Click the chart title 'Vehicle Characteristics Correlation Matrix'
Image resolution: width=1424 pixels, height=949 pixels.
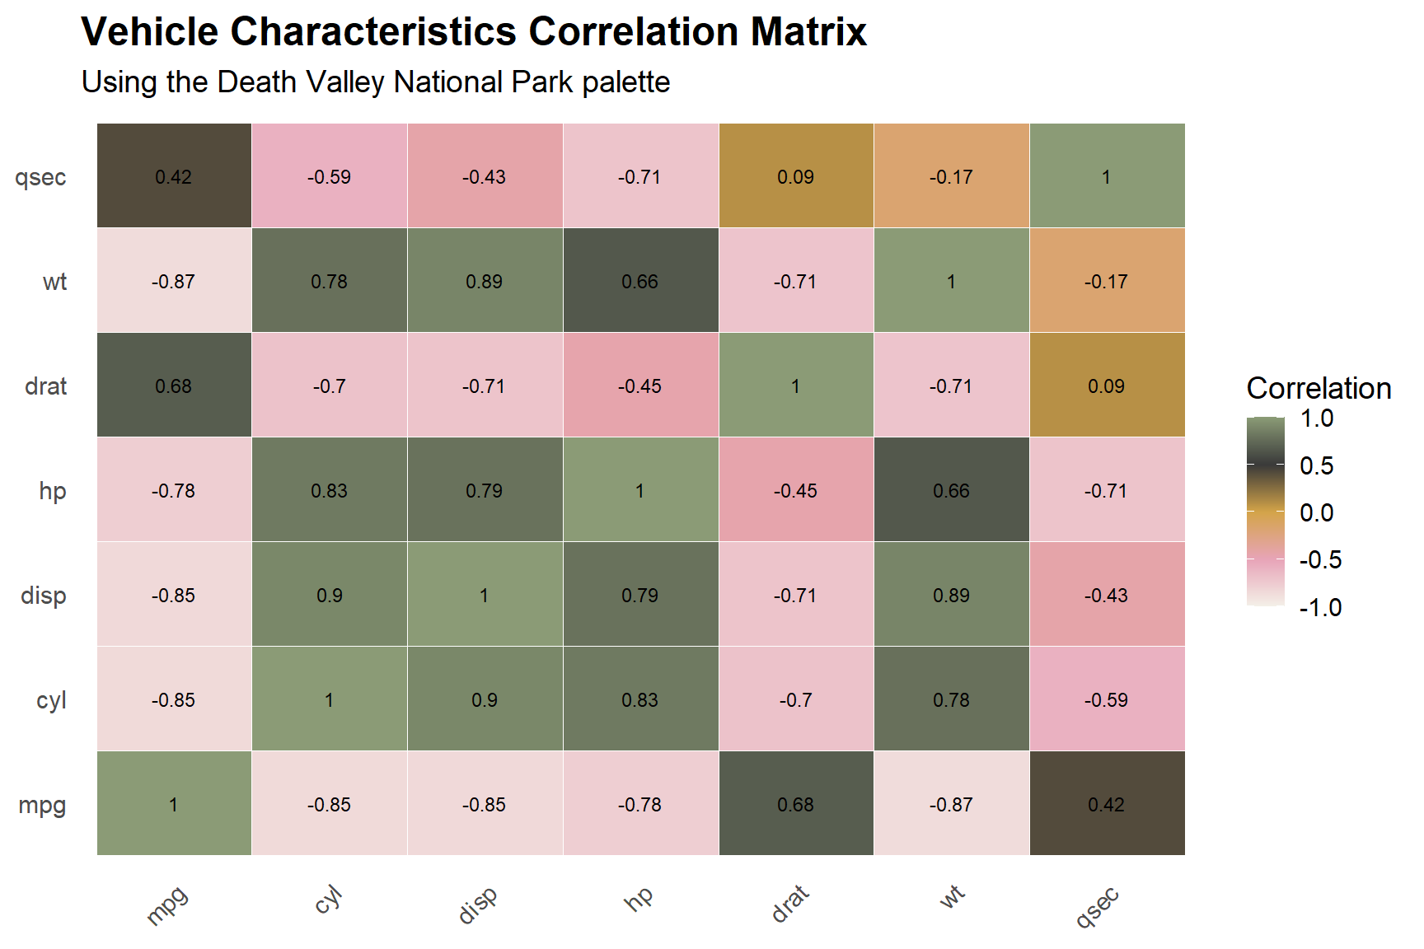474,33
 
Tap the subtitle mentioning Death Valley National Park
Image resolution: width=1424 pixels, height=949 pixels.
376,82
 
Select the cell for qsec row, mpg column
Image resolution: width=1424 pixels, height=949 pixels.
174,176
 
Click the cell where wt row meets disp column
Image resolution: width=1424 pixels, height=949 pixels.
485,281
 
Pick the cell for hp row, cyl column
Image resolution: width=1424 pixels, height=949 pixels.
329,490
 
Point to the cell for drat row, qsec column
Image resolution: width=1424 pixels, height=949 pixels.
1107,386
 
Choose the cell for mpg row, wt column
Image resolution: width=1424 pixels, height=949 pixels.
951,804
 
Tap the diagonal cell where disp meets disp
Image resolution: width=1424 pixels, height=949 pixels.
485,595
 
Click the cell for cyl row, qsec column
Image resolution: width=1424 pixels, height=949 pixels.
1107,699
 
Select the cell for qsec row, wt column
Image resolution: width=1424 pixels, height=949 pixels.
951,176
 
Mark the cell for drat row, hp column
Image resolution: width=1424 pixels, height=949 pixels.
640,386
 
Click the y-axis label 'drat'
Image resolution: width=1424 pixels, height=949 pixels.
46,386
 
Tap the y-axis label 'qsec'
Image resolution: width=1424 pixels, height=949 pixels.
40,177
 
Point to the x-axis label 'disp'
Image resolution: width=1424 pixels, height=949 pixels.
478,905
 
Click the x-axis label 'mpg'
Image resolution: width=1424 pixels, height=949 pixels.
167,905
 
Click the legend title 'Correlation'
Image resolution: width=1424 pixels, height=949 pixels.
1319,388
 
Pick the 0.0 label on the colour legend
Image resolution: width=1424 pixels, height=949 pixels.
1316,513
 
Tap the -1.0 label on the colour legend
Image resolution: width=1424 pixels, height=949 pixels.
1320,608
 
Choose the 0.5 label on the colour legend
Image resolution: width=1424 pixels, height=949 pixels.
1316,466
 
